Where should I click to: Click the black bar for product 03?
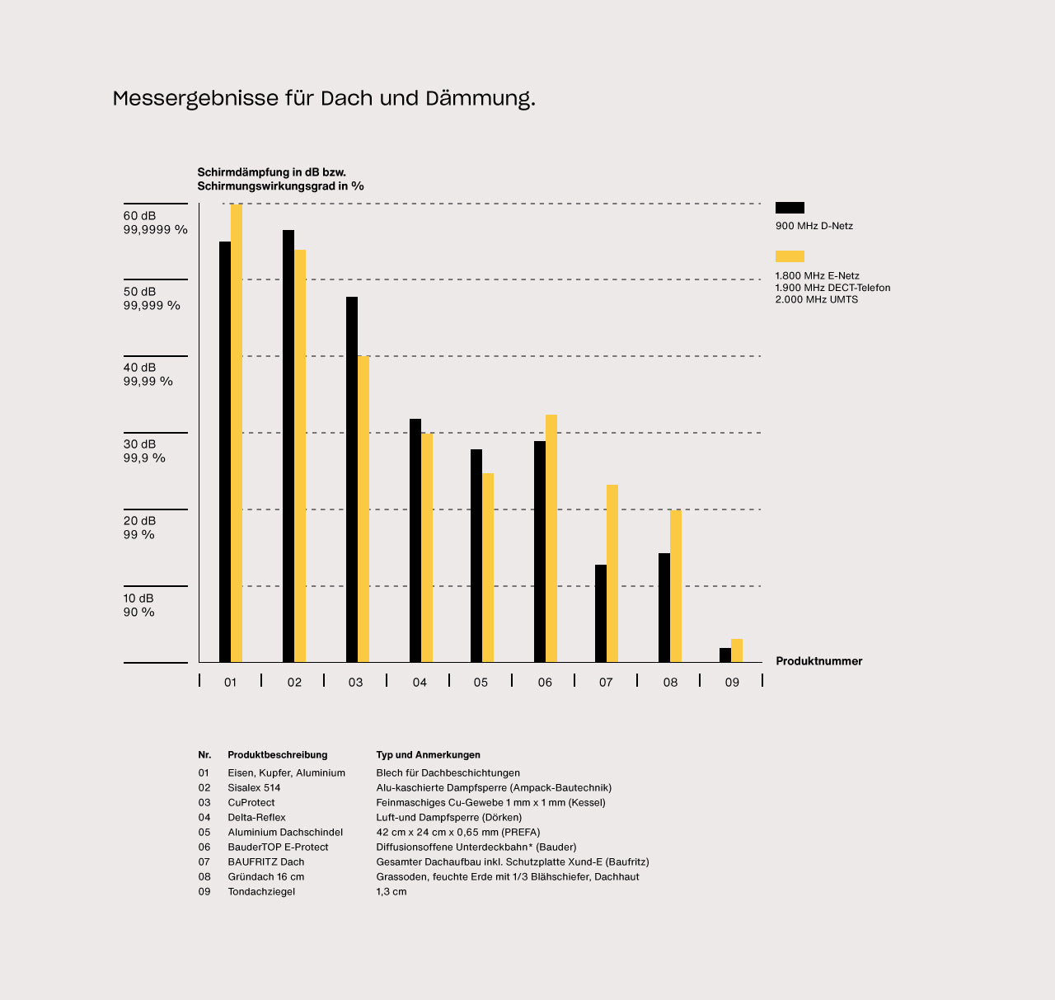(x=352, y=479)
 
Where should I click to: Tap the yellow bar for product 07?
(x=612, y=573)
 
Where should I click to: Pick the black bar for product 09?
(x=725, y=655)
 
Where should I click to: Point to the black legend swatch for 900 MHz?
(x=790, y=208)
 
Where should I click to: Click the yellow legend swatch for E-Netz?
(x=790, y=256)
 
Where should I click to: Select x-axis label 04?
(x=420, y=683)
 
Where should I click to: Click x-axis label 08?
(x=670, y=683)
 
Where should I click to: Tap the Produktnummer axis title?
(x=818, y=661)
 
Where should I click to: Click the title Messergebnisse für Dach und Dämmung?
(x=324, y=99)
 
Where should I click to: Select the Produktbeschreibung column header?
(x=278, y=754)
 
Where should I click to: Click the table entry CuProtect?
(x=251, y=802)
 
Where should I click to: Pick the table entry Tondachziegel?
(x=261, y=891)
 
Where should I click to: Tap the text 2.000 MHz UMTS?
(x=816, y=299)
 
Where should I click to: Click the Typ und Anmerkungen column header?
(x=428, y=754)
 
